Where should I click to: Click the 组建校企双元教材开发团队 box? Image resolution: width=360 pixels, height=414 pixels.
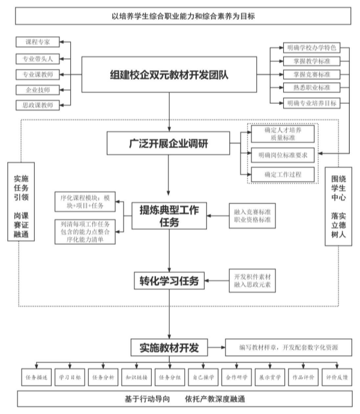tap(170, 74)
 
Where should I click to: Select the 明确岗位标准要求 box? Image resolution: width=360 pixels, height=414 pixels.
tap(283, 155)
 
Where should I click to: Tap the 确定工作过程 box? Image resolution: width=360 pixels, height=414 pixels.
tap(283, 175)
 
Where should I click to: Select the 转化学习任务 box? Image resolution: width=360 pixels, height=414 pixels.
tap(170, 280)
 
